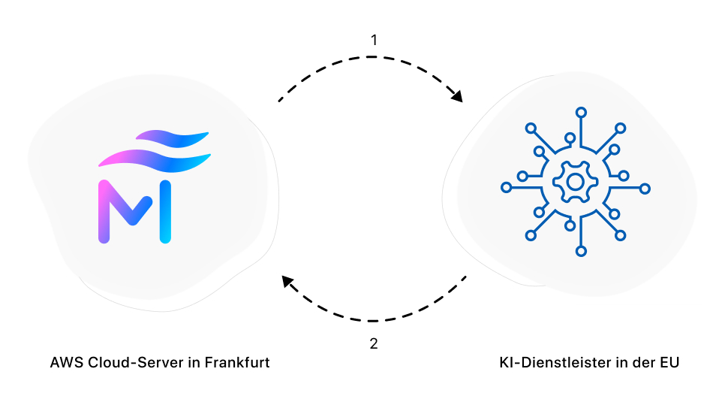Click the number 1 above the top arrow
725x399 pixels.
pos(374,40)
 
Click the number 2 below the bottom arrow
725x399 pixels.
pos(374,344)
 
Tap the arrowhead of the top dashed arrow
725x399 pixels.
pos(456,97)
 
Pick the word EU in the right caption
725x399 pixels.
pos(668,363)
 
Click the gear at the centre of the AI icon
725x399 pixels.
pos(574,182)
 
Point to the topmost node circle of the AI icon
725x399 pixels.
pos(581,113)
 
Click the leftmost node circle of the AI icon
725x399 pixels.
pos(505,188)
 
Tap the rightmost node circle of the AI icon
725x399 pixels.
pos(645,188)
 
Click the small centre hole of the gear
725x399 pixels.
pos(574,182)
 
